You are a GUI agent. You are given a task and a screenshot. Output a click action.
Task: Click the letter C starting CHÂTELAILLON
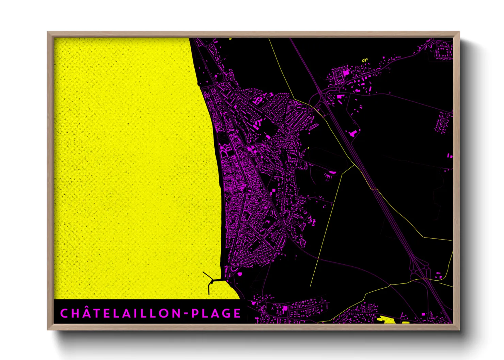(x=64, y=313)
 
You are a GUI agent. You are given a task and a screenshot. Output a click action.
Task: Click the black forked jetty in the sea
(x=211, y=282)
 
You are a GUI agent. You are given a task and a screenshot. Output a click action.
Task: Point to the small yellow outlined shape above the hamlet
(x=365, y=60)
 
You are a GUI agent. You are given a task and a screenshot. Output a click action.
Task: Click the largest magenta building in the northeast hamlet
(x=346, y=72)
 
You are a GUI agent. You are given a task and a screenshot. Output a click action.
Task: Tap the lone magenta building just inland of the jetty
(x=240, y=274)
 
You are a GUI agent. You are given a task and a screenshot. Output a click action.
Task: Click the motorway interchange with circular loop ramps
(x=419, y=271)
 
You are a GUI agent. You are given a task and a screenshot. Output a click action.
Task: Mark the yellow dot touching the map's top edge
(x=231, y=38)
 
